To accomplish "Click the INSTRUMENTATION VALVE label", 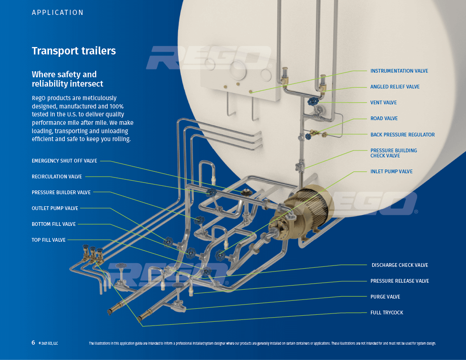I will (x=399, y=71).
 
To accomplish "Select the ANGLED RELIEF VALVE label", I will (x=395, y=87).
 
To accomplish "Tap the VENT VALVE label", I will (x=384, y=103).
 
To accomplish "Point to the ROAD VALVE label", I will (x=384, y=119).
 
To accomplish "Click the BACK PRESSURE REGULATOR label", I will (x=402, y=135).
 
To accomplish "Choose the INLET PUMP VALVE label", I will (x=391, y=172).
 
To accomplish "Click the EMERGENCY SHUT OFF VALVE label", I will (x=64, y=161).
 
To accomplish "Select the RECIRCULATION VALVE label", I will (x=57, y=177).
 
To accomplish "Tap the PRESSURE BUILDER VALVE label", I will (x=61, y=193).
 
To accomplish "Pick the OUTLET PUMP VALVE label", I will (x=55, y=209).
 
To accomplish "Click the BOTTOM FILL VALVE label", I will (x=54, y=224).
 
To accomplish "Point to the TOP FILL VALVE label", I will (x=48, y=240).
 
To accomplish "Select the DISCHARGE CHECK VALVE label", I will (x=400, y=265).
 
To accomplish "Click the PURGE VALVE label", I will (x=385, y=297).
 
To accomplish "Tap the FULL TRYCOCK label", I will (x=387, y=313).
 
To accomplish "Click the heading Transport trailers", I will (x=74, y=51).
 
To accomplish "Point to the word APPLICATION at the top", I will (x=58, y=13).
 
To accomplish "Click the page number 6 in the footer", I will (x=33, y=343).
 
